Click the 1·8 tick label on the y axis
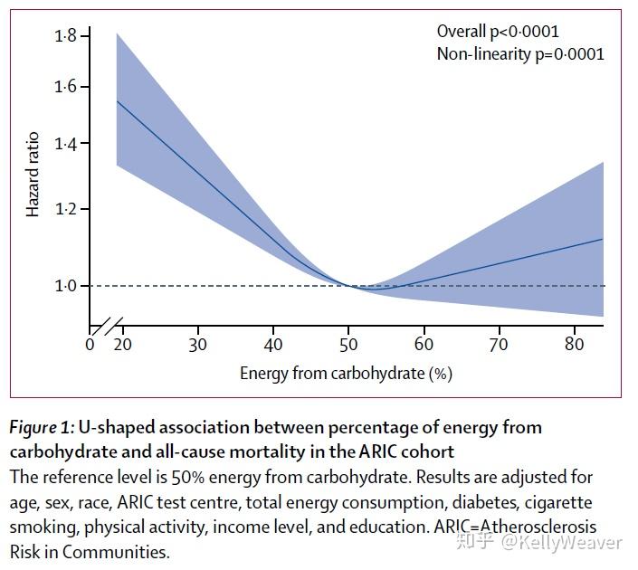[x=65, y=36]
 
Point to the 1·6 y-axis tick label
[x=65, y=87]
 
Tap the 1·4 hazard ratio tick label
[x=65, y=144]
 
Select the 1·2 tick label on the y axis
[x=65, y=209]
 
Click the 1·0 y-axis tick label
[x=65, y=286]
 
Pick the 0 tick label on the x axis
[x=90, y=345]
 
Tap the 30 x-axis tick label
[x=197, y=345]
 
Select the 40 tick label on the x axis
[x=273, y=345]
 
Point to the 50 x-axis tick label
[x=348, y=345]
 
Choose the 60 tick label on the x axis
[x=424, y=345]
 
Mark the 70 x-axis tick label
[x=499, y=345]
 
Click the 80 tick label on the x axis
[x=574, y=345]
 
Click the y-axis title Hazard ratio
[x=33, y=174]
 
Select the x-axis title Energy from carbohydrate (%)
[x=346, y=373]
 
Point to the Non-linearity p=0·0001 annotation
[x=520, y=53]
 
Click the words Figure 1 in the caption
[x=41, y=426]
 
